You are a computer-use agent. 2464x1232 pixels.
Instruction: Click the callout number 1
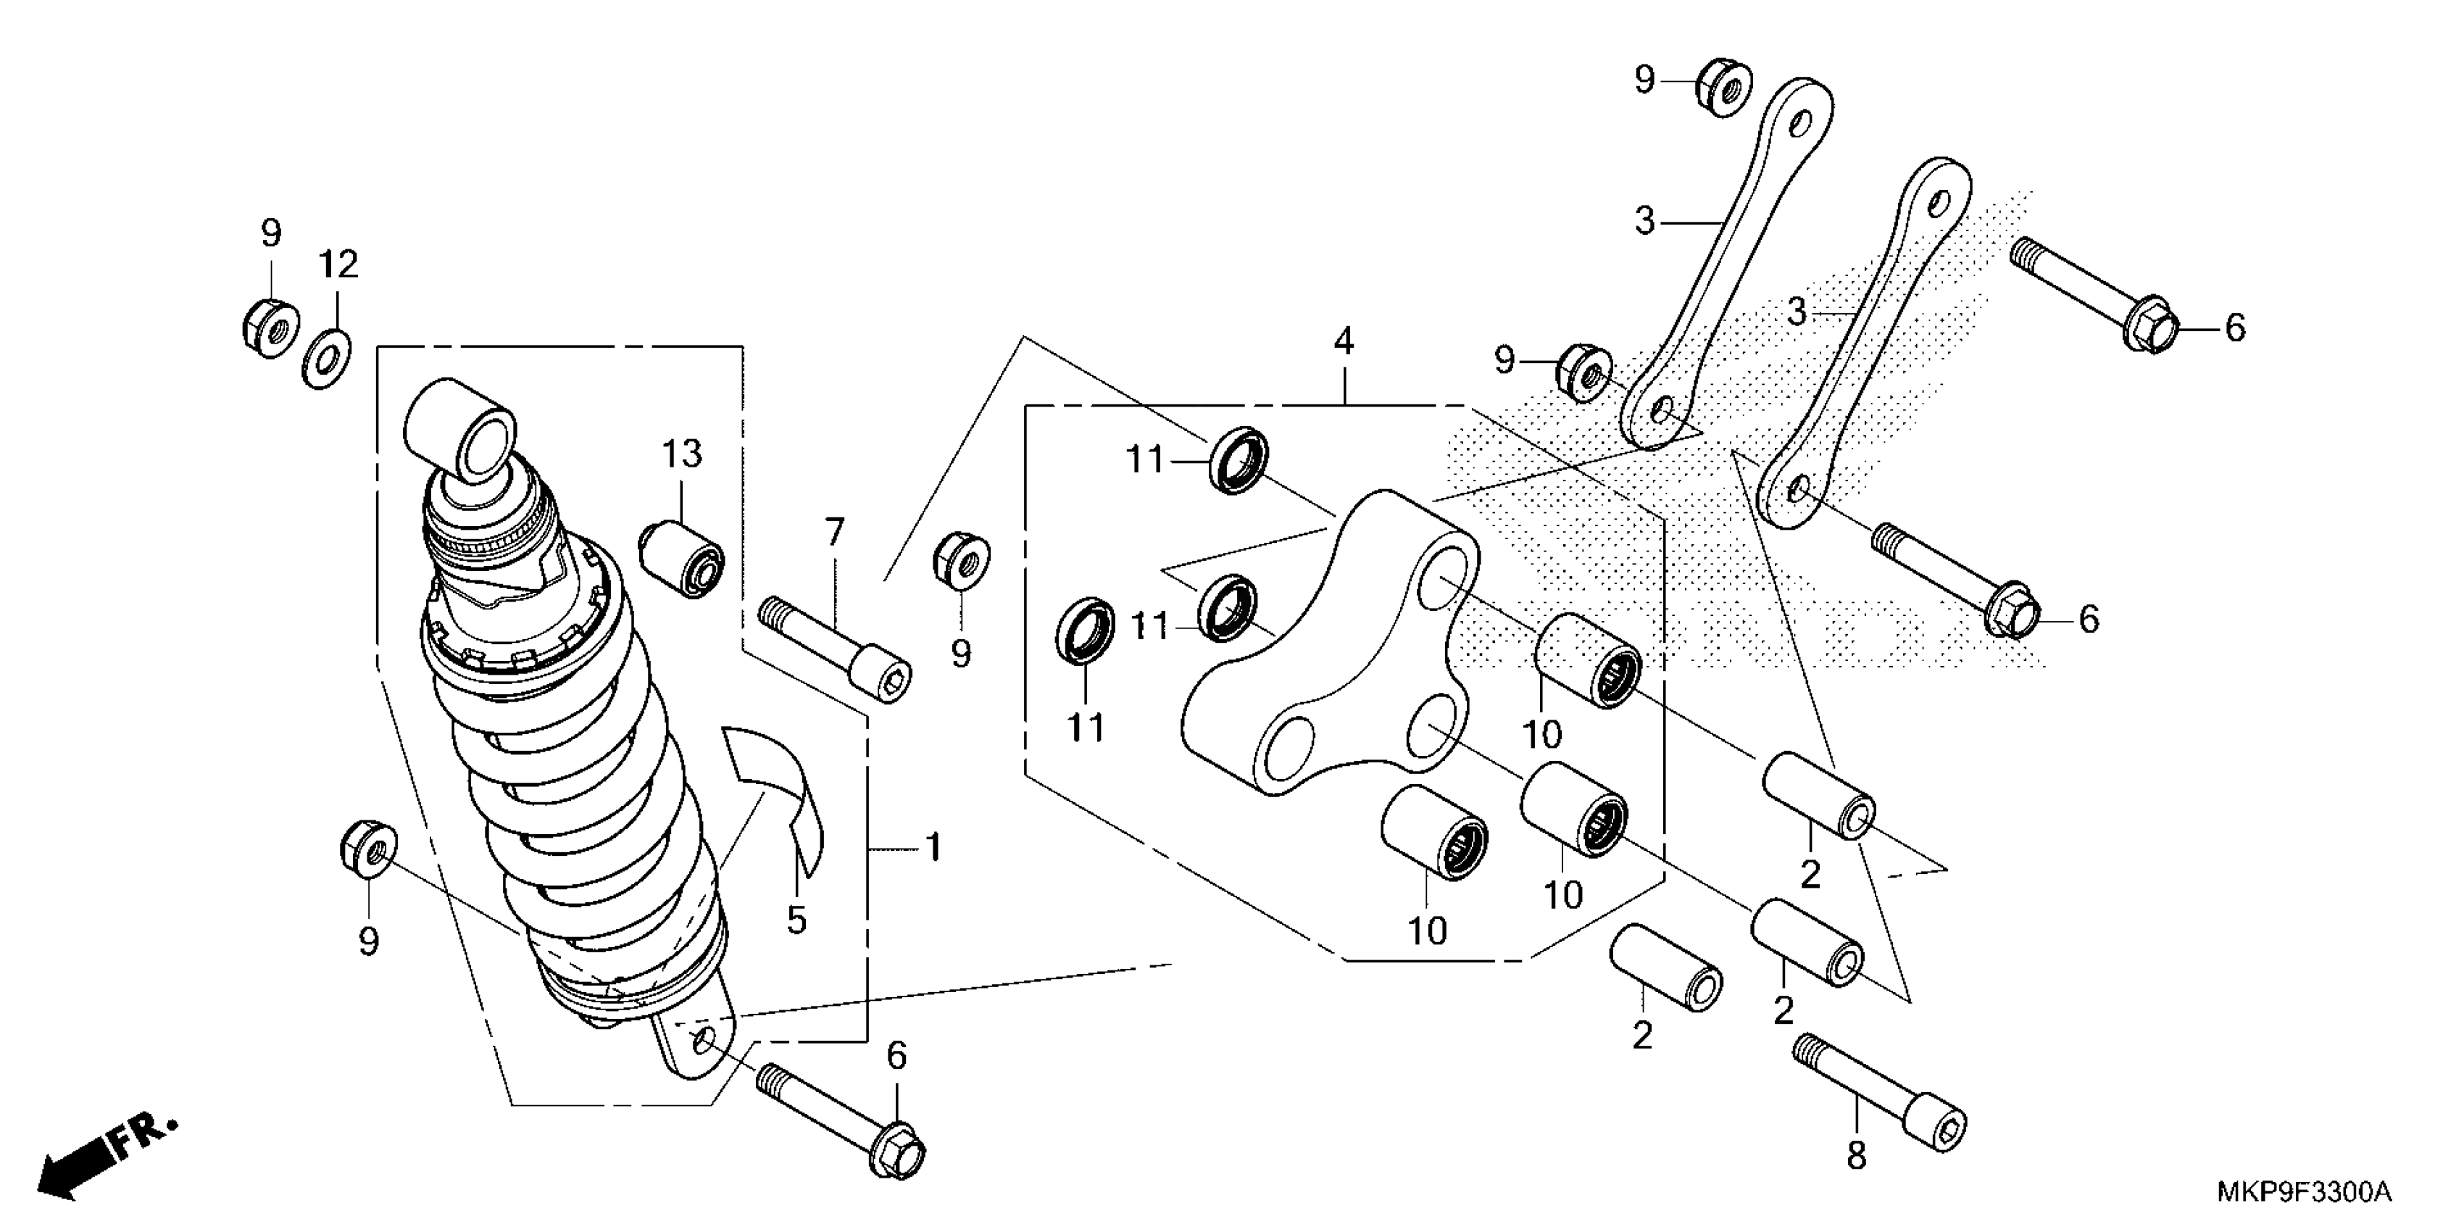tap(933, 847)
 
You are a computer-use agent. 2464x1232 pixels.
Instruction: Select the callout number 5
tap(796, 920)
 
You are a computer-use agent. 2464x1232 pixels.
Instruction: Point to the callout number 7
tap(835, 532)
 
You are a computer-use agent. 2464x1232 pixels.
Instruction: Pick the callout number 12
tap(338, 264)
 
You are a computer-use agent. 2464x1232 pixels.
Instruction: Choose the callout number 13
tap(682, 454)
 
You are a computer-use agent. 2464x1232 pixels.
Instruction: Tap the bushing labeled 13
tap(682, 557)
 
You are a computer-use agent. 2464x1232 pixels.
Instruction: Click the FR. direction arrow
tap(105, 1155)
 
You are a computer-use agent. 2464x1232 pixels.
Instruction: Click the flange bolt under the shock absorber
tap(841, 1122)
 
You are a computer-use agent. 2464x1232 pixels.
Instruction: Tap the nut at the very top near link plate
tap(1723, 86)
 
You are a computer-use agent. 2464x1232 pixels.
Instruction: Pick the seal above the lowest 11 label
tap(1086, 629)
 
